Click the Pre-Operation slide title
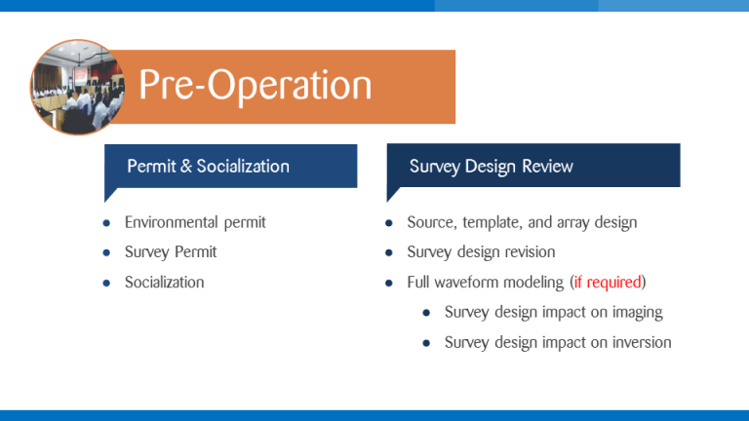[255, 86]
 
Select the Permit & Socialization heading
[208, 166]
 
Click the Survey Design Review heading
[491, 166]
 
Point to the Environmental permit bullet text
[195, 222]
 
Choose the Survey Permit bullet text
[171, 252]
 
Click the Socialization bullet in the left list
[164, 283]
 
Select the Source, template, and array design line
[522, 222]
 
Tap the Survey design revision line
[481, 252]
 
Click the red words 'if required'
[608, 283]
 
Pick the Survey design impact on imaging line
[553, 313]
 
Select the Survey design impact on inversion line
[558, 343]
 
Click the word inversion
[638, 343]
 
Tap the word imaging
[633, 313]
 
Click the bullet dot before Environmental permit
[106, 223]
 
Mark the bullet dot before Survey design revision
[389, 253]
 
